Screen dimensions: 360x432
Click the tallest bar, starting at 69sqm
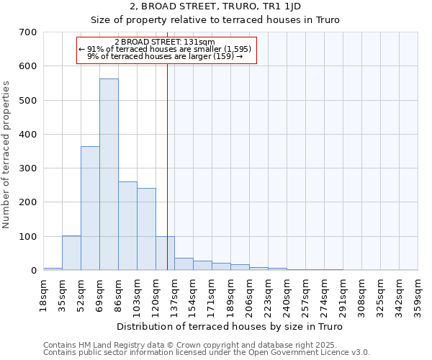(x=109, y=174)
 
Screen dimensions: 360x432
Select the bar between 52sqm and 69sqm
(x=90, y=208)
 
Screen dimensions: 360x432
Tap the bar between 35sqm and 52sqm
(x=71, y=253)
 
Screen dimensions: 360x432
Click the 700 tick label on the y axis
(x=27, y=32)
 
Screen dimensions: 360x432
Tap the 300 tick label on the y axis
(x=27, y=168)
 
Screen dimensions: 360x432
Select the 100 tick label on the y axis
(x=27, y=236)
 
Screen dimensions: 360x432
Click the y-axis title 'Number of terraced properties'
(x=7, y=155)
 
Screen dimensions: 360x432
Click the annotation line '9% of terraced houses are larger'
(x=165, y=55)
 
